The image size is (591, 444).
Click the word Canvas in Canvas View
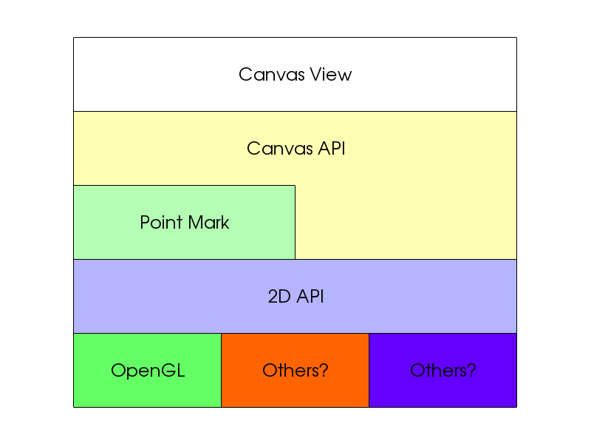(271, 75)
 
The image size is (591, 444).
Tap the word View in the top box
(331, 75)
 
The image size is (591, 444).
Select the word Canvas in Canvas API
(280, 149)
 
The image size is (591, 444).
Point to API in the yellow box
(331, 149)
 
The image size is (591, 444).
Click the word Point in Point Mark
(161, 223)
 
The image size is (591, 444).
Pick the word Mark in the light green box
(208, 223)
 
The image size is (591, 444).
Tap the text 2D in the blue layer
(279, 297)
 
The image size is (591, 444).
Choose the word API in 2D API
(310, 297)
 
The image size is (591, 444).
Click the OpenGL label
(148, 371)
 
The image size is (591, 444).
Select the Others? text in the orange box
(295, 371)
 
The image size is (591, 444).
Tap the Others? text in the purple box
(443, 371)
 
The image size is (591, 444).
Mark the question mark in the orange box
(324, 371)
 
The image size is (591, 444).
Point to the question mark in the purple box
(471, 371)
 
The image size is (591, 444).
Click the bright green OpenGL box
(147, 371)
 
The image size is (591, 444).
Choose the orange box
(295, 371)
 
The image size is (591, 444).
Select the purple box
(443, 371)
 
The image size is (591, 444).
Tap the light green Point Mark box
(184, 223)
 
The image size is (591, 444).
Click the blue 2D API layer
(295, 297)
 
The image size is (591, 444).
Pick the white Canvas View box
(295, 75)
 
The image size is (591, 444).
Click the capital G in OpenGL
(168, 371)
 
